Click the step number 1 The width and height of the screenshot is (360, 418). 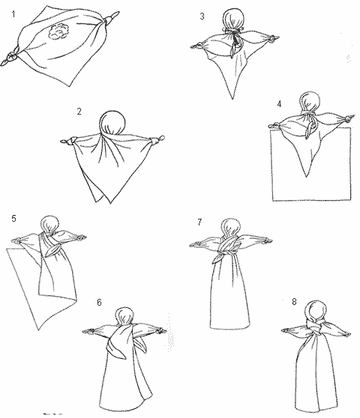(13, 14)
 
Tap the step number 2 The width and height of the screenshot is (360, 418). (79, 112)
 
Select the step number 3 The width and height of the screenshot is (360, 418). (202, 16)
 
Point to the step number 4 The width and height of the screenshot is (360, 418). (279, 104)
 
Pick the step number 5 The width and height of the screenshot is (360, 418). (14, 219)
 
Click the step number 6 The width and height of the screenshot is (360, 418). (99, 303)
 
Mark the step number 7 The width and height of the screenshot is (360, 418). (199, 222)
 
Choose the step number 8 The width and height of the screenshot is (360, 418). (294, 301)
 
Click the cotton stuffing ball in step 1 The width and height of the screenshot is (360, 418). (58, 31)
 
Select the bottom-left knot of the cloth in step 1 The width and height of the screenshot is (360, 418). (10, 57)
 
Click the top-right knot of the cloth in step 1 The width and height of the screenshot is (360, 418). (110, 19)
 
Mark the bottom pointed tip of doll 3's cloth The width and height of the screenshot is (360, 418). (232, 99)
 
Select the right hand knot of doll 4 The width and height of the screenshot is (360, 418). (349, 118)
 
